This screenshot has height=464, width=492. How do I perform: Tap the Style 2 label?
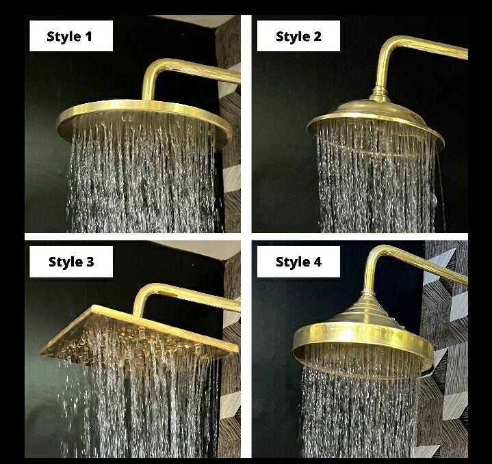[298, 36]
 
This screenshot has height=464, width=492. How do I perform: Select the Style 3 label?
[71, 262]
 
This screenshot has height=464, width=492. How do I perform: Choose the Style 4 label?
[298, 262]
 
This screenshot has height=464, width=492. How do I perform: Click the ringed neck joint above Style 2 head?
[379, 94]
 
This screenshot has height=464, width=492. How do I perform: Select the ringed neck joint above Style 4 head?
[367, 294]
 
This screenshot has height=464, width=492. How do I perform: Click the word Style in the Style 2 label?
[289, 36]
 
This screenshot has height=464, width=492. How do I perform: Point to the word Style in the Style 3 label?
[62, 262]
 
